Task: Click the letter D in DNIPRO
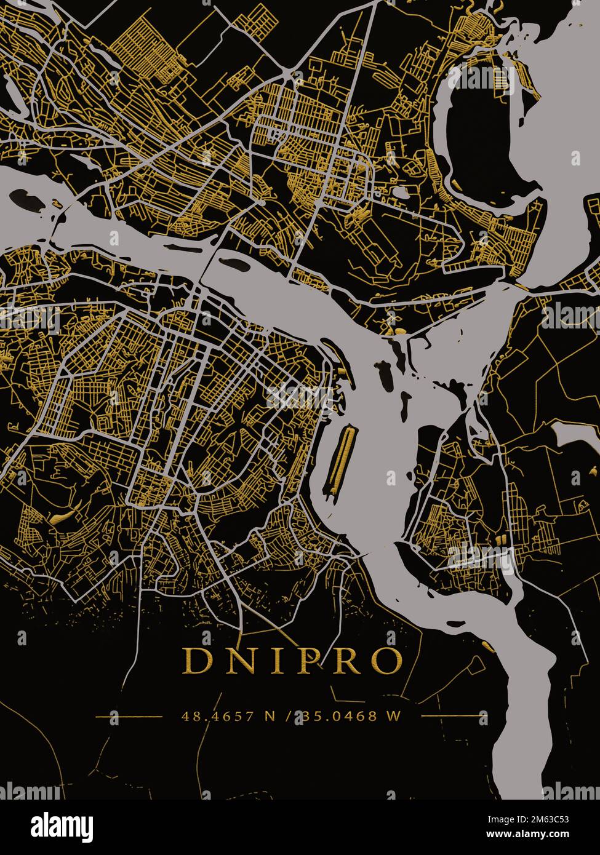[196, 661]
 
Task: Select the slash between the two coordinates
[288, 716]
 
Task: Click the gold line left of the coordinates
[129, 716]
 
